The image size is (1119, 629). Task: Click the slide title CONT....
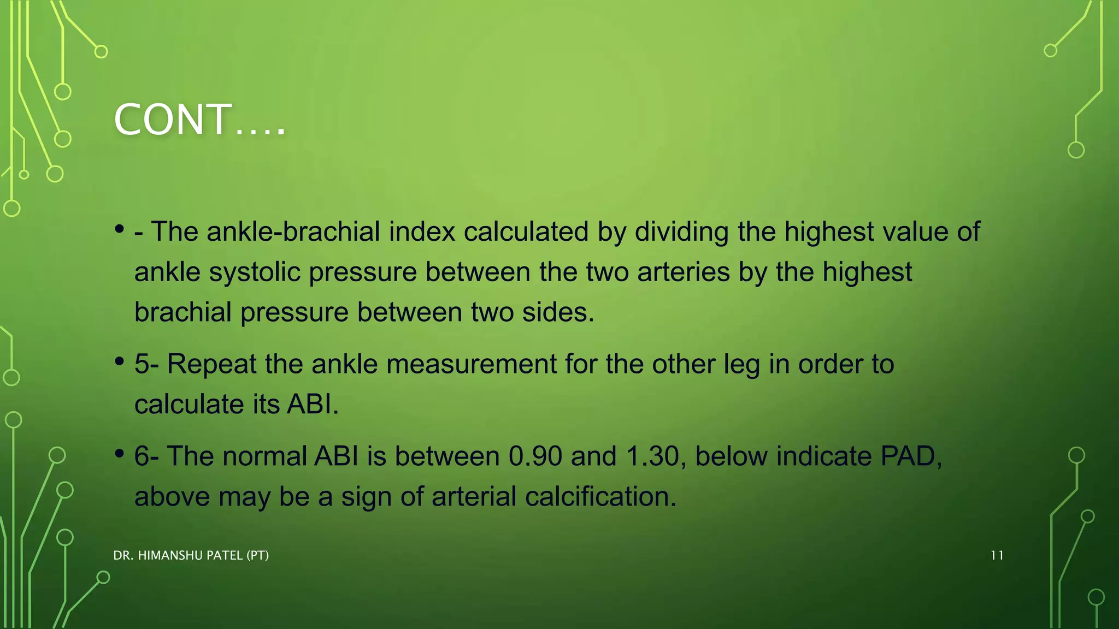pos(199,120)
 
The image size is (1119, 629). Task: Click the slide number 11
pos(997,555)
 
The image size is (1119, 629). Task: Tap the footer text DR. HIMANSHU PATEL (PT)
pos(191,555)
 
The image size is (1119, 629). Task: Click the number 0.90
pos(535,456)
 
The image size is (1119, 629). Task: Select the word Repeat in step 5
pos(211,364)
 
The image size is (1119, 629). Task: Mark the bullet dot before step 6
pos(120,454)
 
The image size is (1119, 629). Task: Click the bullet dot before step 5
pos(120,361)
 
